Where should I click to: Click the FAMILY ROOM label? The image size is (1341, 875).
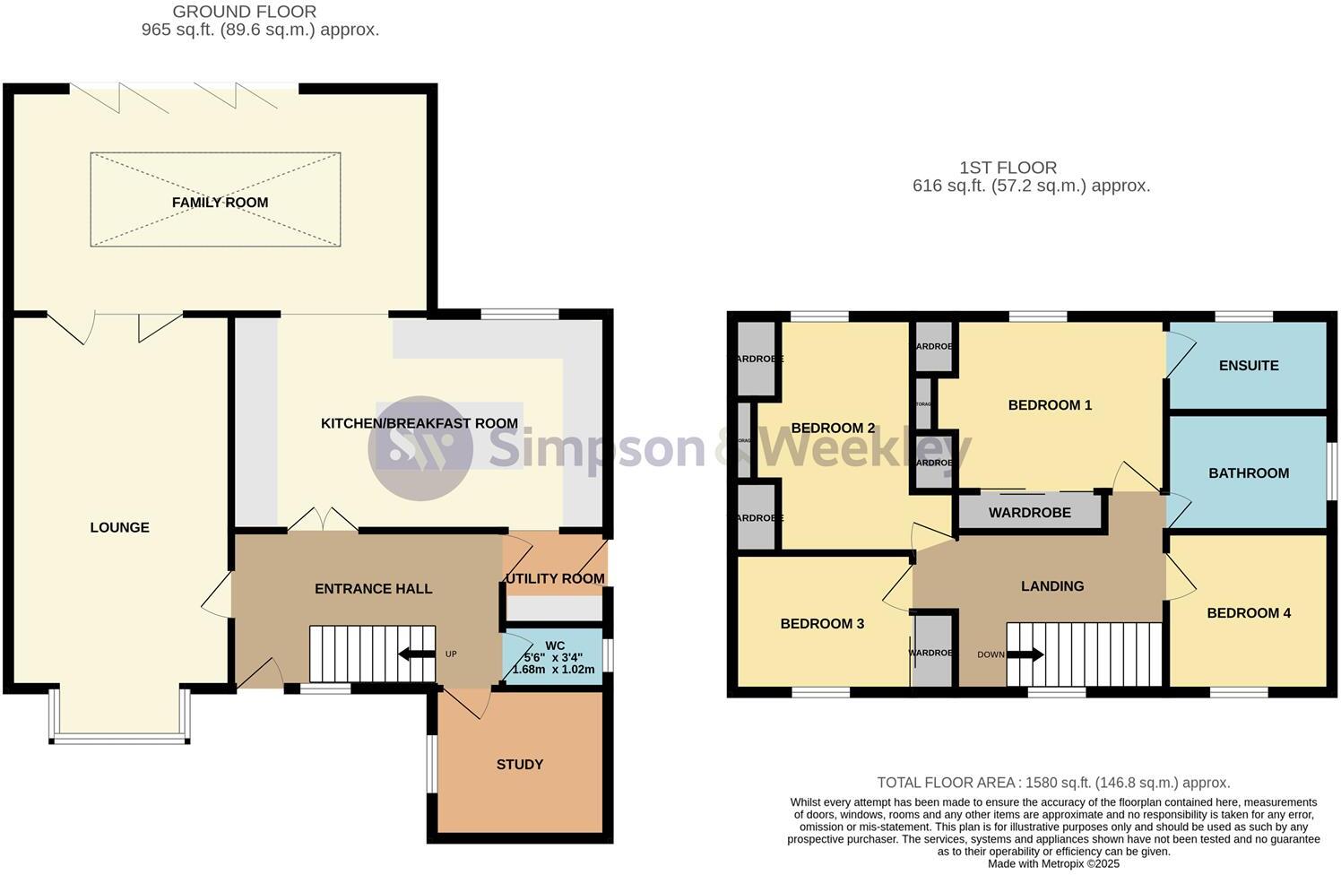(x=220, y=203)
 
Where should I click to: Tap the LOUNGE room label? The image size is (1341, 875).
(x=119, y=527)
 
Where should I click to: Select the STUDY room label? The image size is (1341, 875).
(x=520, y=764)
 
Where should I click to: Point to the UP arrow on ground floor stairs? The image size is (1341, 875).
(x=416, y=654)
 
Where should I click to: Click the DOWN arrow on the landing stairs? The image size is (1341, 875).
(x=1025, y=654)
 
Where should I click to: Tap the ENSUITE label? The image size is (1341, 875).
(x=1248, y=366)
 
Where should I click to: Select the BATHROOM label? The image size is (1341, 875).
(x=1248, y=473)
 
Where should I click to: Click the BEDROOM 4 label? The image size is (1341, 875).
(x=1248, y=613)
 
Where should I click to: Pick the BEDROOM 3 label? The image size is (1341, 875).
(x=821, y=624)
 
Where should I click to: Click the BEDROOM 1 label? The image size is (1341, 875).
(x=1050, y=405)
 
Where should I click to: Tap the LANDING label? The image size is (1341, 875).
(x=1051, y=586)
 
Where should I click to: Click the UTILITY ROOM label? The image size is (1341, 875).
(x=555, y=578)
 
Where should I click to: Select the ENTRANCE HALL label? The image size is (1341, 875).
(x=373, y=589)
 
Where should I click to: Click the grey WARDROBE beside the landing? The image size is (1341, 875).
(x=1029, y=514)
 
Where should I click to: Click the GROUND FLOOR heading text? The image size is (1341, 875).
(x=244, y=12)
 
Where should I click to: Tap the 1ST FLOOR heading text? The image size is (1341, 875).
(x=1008, y=168)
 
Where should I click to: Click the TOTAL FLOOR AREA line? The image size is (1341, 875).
(x=1053, y=783)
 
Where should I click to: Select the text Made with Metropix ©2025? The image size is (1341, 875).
(x=1053, y=864)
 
